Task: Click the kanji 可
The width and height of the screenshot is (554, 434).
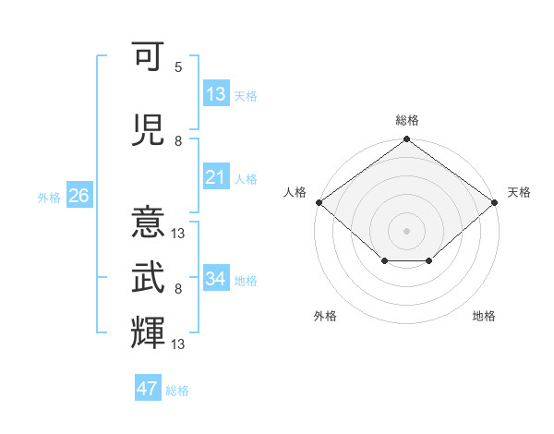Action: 148,56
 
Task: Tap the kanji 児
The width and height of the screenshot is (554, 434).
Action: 148,130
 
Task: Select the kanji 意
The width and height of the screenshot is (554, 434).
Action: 148,222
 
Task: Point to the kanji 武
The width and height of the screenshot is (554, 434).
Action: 148,277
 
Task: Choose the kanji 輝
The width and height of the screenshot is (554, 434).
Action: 148,332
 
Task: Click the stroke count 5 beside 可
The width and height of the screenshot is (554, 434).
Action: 178,67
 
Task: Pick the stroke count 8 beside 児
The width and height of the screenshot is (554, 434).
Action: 178,141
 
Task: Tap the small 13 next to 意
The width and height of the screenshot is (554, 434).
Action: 177,234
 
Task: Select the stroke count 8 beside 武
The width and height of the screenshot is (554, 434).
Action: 178,289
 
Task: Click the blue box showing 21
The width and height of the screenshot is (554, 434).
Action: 216,176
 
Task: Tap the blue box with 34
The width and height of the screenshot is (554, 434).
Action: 216,277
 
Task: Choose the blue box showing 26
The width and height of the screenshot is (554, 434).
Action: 79,195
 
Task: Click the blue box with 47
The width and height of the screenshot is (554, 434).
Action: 148,387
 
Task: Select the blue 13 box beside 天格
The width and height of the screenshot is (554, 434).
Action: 216,93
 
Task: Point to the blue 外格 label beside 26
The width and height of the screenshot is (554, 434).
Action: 49,198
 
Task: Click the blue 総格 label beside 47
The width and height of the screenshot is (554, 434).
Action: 177,391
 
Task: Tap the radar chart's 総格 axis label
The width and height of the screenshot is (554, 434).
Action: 407,120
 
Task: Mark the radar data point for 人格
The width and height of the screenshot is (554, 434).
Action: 319,202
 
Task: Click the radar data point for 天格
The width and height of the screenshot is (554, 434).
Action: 494,202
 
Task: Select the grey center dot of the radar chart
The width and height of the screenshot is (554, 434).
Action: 406,231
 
